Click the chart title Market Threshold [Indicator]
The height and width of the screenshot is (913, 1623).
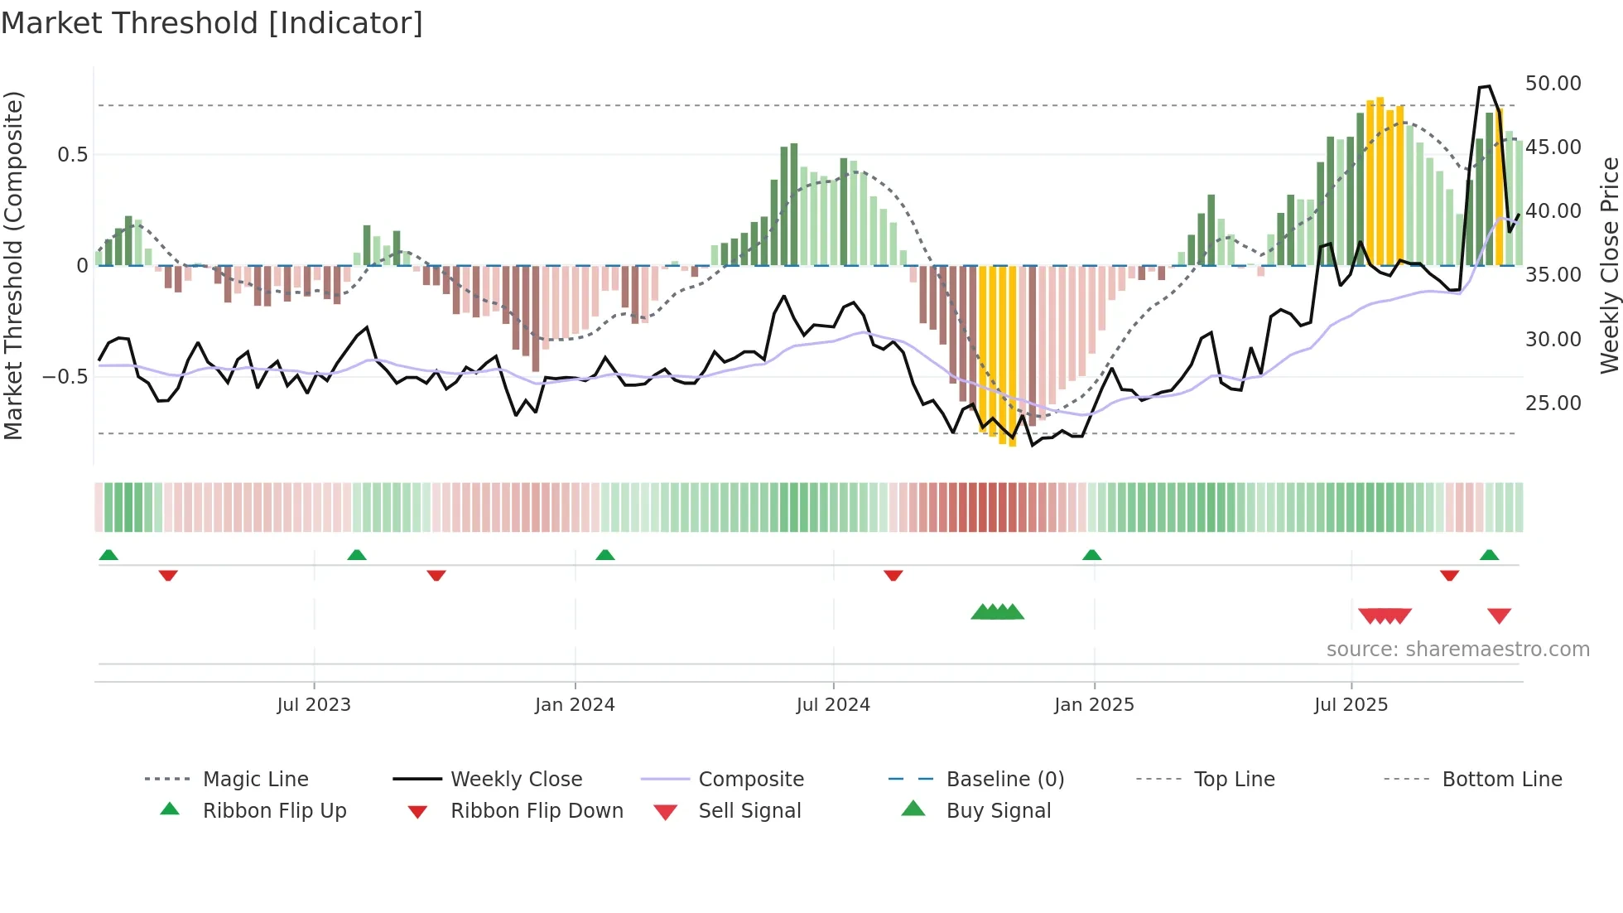pyautogui.click(x=212, y=23)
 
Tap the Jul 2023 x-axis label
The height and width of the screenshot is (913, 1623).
pyautogui.click(x=314, y=705)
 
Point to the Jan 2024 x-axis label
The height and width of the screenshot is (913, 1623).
pyautogui.click(x=575, y=705)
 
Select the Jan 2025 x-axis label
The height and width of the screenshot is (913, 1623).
pyautogui.click(x=1094, y=705)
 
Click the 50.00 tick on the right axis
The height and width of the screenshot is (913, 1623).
pyautogui.click(x=1553, y=84)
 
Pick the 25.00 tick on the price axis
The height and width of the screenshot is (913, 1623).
pyautogui.click(x=1553, y=403)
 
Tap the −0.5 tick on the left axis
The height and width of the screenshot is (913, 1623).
pyautogui.click(x=65, y=377)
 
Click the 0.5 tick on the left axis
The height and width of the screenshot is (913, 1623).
pyautogui.click(x=72, y=155)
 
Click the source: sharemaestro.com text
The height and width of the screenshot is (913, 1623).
pyautogui.click(x=1457, y=650)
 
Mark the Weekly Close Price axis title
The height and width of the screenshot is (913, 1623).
pyautogui.click(x=1609, y=265)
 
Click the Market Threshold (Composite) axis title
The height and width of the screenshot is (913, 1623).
pyautogui.click(x=13, y=265)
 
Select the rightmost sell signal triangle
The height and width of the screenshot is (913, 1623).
pyautogui.click(x=1499, y=616)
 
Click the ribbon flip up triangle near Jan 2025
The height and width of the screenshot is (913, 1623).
pyautogui.click(x=1091, y=555)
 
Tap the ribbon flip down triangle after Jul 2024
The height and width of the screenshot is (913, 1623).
pyautogui.click(x=893, y=575)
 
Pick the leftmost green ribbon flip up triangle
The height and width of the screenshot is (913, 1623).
pyautogui.click(x=108, y=555)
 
